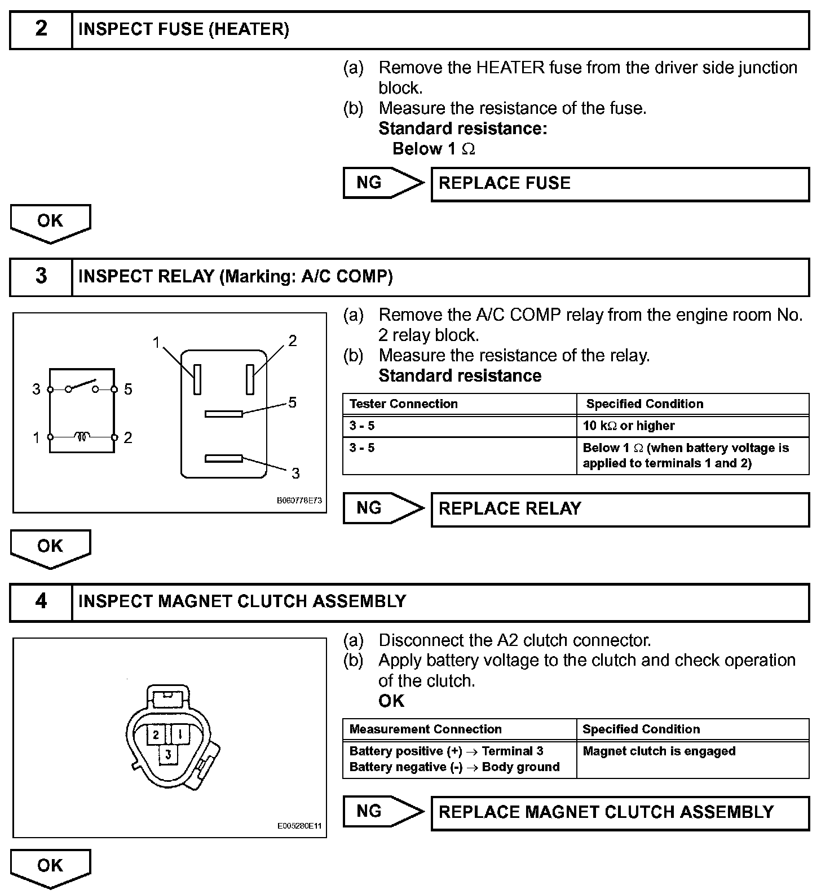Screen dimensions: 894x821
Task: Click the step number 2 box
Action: point(41,29)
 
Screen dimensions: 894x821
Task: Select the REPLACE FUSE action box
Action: point(620,184)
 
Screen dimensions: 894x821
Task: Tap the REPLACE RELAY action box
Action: point(620,509)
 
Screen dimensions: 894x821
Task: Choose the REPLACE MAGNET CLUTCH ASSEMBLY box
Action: point(620,812)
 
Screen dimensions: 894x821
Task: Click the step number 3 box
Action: point(41,276)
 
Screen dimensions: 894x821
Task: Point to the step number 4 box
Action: point(41,601)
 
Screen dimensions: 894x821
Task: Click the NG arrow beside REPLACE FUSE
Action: point(382,183)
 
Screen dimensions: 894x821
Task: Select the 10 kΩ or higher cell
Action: point(692,426)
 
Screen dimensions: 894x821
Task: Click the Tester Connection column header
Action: point(460,404)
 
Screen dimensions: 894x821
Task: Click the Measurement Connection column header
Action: point(460,729)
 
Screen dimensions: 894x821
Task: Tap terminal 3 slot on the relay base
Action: point(223,459)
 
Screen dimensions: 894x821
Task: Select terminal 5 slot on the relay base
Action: point(223,414)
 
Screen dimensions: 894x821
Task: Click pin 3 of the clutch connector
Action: point(168,754)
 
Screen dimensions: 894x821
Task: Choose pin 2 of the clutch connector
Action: point(156,734)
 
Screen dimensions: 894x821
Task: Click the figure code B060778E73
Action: point(299,501)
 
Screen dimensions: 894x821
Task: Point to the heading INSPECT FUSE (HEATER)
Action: point(183,29)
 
